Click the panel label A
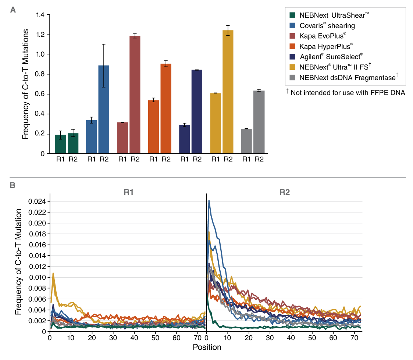tap(13, 10)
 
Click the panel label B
tap(13, 185)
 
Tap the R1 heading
tap(128, 192)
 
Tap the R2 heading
tap(285, 192)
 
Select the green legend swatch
tap(292, 15)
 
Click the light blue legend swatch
tap(292, 25)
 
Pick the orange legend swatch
tap(292, 46)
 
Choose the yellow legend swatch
tap(292, 67)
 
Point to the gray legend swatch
tap(292, 77)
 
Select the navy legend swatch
tap(292, 57)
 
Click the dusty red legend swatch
tap(292, 36)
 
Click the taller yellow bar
tap(228, 92)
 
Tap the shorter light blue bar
tap(91, 136)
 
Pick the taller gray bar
tap(259, 122)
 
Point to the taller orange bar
tap(166, 108)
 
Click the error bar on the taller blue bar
tap(104, 76)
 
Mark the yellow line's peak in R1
tap(53, 273)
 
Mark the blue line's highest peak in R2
tap(209, 201)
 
